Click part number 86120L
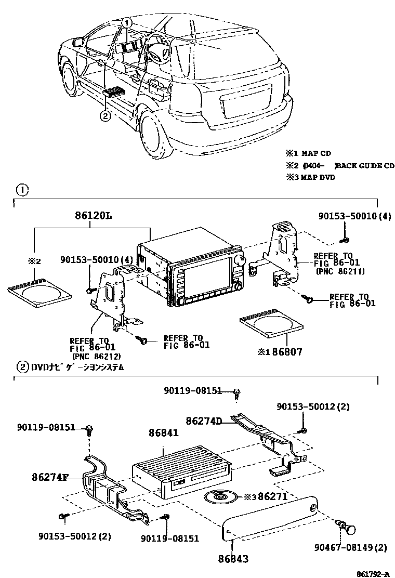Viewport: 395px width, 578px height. click(x=94, y=215)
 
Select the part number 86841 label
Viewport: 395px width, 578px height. click(x=163, y=432)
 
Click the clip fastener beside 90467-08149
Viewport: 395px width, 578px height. click(x=348, y=526)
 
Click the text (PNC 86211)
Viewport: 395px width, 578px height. click(x=339, y=271)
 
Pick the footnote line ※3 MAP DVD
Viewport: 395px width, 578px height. click(x=310, y=177)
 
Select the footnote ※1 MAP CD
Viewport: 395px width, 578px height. click(x=308, y=153)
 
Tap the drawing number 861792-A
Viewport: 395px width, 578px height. click(x=372, y=573)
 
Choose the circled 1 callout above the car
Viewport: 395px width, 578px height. click(x=128, y=22)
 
